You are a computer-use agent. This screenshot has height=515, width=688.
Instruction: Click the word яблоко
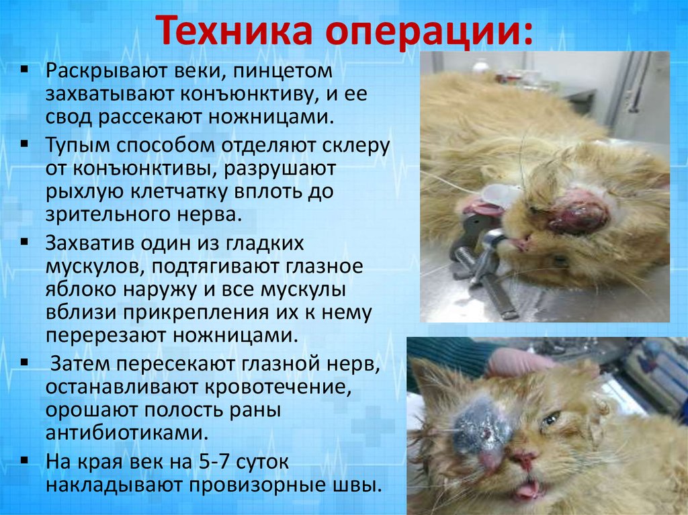(x=78, y=291)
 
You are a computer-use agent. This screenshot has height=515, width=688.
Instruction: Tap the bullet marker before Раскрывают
(x=24, y=70)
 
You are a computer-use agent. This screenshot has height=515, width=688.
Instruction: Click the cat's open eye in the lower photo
(x=549, y=419)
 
